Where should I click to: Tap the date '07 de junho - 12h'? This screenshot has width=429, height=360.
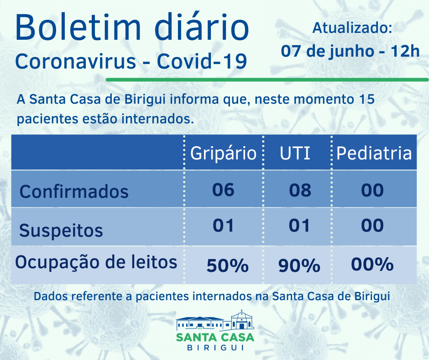(x=350, y=51)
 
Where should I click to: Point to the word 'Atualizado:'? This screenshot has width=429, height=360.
(x=352, y=28)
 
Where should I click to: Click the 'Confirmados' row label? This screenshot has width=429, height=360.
(x=74, y=191)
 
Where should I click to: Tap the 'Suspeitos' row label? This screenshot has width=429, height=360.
(x=61, y=230)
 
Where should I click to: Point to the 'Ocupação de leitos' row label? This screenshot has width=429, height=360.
(x=96, y=262)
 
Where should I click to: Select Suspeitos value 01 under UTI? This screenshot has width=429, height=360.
(x=300, y=226)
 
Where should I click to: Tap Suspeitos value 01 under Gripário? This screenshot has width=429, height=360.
(x=223, y=226)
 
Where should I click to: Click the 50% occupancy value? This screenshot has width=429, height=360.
(x=227, y=265)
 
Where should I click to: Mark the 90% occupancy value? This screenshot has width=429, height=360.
(x=299, y=265)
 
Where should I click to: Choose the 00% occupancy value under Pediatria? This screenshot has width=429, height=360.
(x=372, y=265)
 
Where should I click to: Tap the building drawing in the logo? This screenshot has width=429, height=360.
(x=215, y=321)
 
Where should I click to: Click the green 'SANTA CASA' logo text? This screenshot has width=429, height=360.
(x=215, y=337)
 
